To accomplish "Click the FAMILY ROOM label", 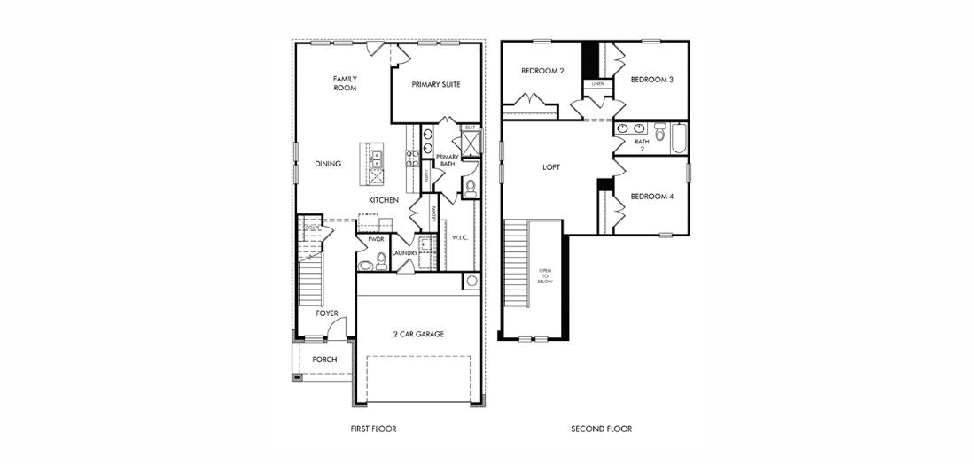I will pos(345,83).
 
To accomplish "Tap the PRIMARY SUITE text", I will pos(435,85).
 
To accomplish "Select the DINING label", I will pos(327,164).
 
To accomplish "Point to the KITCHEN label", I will pos(384,201).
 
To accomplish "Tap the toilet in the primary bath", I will pos(470,187).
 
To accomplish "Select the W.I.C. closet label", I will pos(459,237).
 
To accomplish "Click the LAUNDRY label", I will pos(404,253).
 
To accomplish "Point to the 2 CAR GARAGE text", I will pos(419,334).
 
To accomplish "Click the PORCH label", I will pos(324,359).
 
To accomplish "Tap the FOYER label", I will pos(327,313).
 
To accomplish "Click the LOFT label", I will pos(551,166).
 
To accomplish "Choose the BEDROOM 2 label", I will pos(542,71).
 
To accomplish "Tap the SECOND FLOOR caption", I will pos(601,429).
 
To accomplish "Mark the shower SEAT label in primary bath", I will pos(470,128).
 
